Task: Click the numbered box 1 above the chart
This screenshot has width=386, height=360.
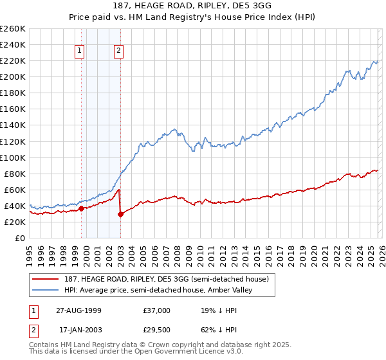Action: (x=80, y=51)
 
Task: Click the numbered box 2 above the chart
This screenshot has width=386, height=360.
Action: (x=120, y=51)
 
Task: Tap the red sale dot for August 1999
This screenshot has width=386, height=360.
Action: (x=81, y=208)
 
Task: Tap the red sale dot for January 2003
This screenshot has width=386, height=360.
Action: (x=120, y=214)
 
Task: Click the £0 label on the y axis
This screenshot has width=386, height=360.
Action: (x=19, y=238)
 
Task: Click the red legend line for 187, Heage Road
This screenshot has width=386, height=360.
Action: (x=44, y=278)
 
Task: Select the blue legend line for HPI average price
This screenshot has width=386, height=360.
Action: (x=44, y=291)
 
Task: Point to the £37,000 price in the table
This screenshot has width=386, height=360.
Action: (x=158, y=310)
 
